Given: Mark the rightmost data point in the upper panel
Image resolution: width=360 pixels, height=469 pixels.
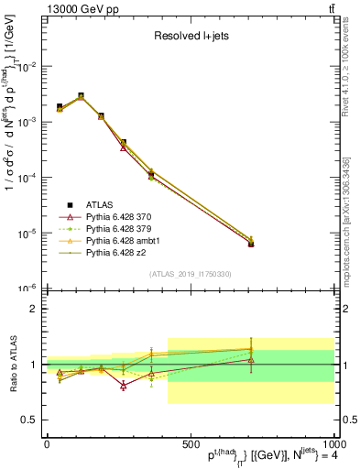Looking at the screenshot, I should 251,243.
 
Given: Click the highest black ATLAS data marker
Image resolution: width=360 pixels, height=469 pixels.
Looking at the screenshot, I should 81,96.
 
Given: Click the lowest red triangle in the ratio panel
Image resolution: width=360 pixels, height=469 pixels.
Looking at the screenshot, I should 123,386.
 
